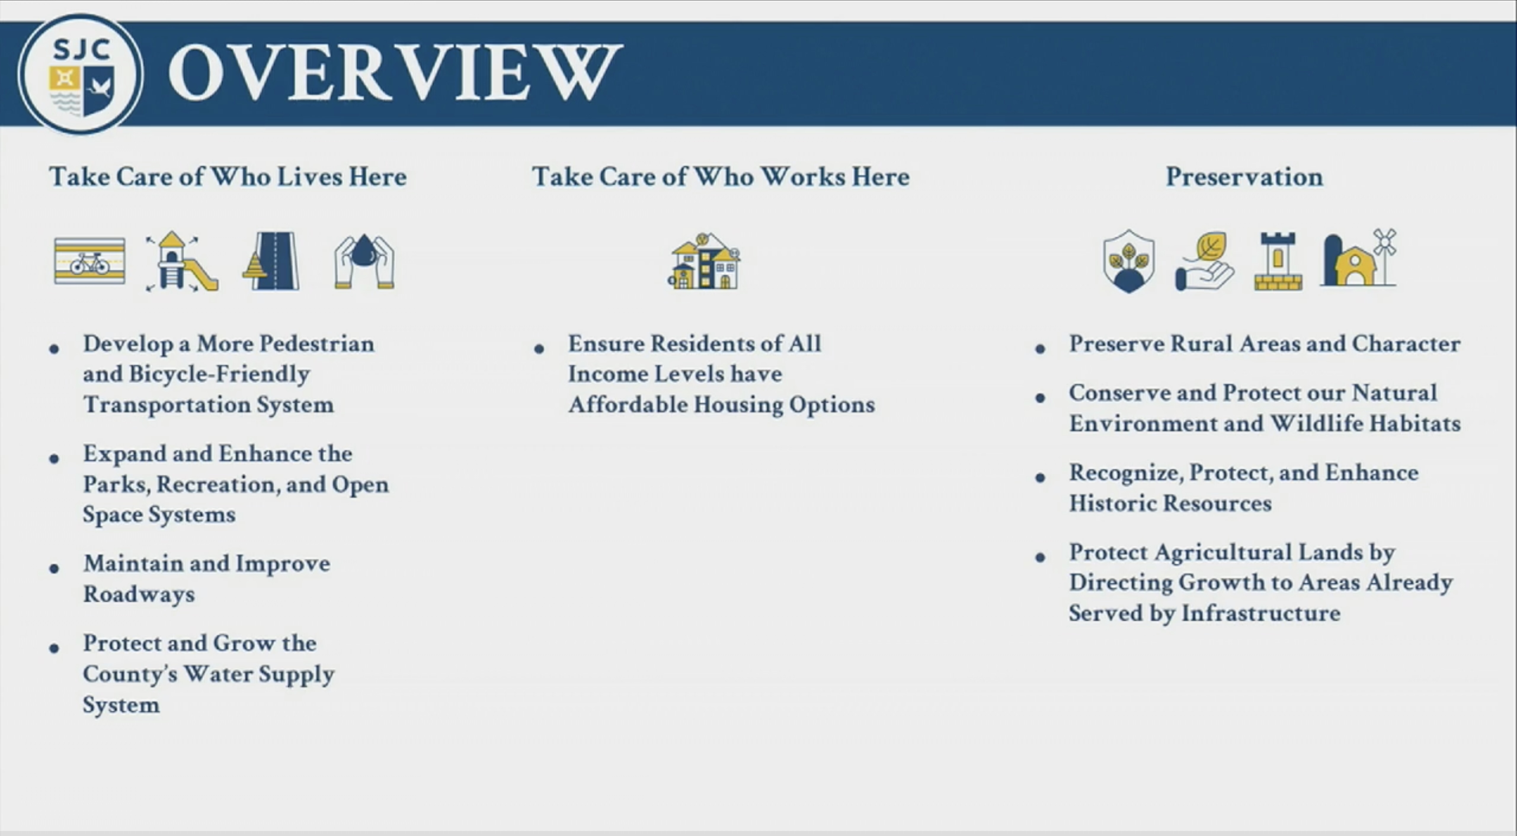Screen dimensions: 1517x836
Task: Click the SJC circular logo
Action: [x=80, y=74]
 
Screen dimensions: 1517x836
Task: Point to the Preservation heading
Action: [x=1244, y=177]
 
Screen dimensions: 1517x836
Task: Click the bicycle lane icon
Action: [x=89, y=261]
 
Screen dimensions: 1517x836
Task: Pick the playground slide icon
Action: [x=181, y=261]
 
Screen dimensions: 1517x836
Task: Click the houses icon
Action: [x=704, y=261]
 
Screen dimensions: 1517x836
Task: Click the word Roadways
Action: [x=139, y=594]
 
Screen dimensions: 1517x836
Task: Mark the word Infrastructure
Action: [x=1261, y=613]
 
